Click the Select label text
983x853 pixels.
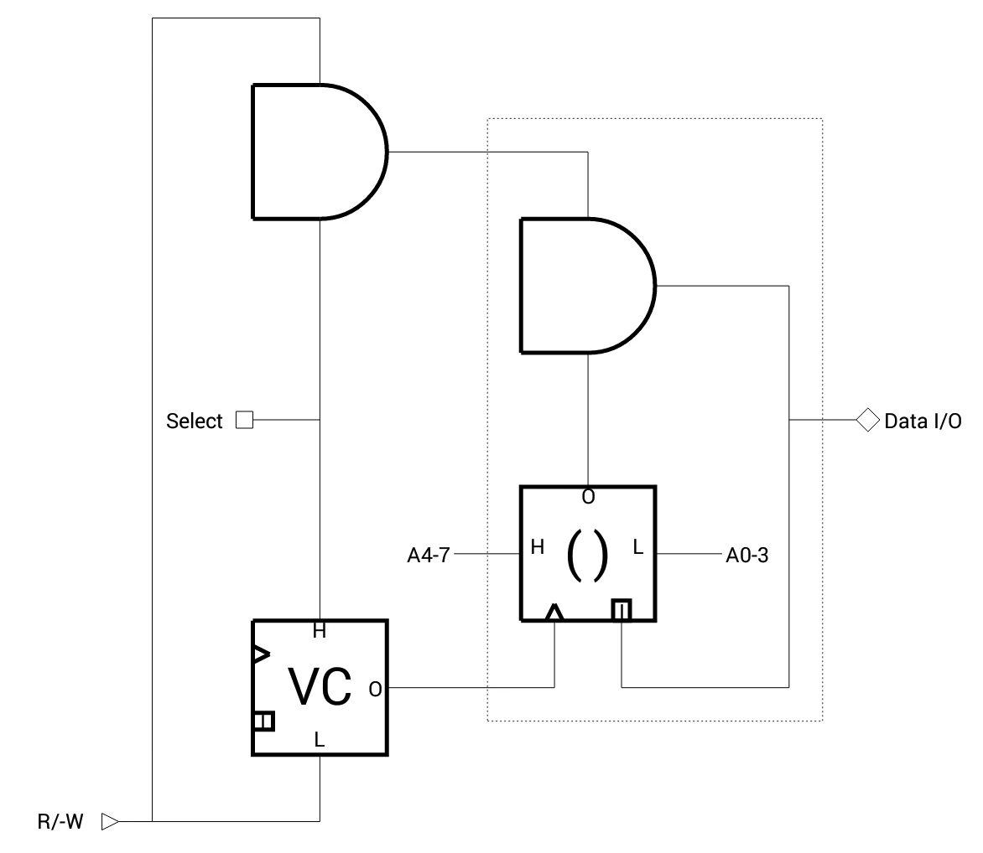point(195,421)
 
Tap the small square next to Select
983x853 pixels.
point(244,420)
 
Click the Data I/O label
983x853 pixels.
point(923,421)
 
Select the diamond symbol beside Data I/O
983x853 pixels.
point(866,419)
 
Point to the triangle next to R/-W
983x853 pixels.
point(110,821)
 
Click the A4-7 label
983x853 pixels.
point(429,554)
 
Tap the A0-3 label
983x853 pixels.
point(746,554)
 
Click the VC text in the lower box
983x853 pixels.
point(320,687)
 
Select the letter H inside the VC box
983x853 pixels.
point(320,632)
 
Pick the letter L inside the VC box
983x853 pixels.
point(320,740)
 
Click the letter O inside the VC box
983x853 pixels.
point(375,689)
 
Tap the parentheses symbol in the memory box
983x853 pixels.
point(587,555)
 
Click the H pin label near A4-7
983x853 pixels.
point(538,548)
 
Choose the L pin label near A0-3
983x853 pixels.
point(638,548)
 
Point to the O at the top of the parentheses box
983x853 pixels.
point(588,497)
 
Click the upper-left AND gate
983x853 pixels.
point(315,152)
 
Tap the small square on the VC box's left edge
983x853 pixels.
point(263,721)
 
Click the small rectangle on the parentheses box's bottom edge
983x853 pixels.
point(621,610)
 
